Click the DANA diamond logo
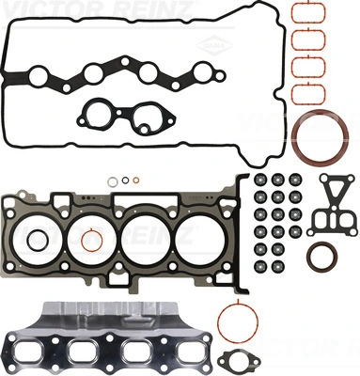pyautogui.click(x=214, y=46)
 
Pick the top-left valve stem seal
pyautogui.click(x=260, y=180)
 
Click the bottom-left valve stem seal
pyautogui.click(x=260, y=266)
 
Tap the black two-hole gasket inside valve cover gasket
pyautogui.click(x=125, y=117)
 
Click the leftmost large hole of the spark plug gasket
pyautogui.click(x=39, y=76)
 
